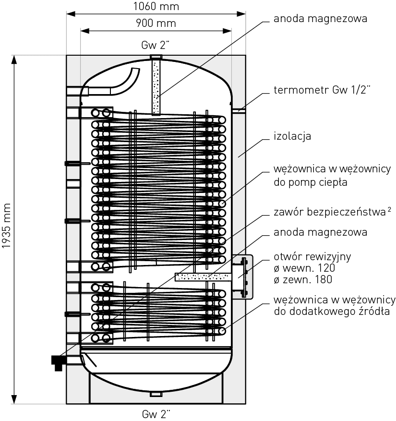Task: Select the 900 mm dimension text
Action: (x=156, y=23)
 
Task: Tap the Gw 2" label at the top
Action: (x=156, y=46)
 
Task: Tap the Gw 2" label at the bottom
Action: (x=156, y=413)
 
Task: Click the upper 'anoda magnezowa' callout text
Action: (x=320, y=19)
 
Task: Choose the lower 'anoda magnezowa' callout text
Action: (x=320, y=232)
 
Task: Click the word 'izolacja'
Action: (x=292, y=136)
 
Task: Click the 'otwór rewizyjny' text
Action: (x=312, y=256)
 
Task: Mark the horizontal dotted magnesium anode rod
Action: (x=204, y=277)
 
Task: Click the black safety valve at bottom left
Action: (x=58, y=361)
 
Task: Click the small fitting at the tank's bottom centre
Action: (x=156, y=394)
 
